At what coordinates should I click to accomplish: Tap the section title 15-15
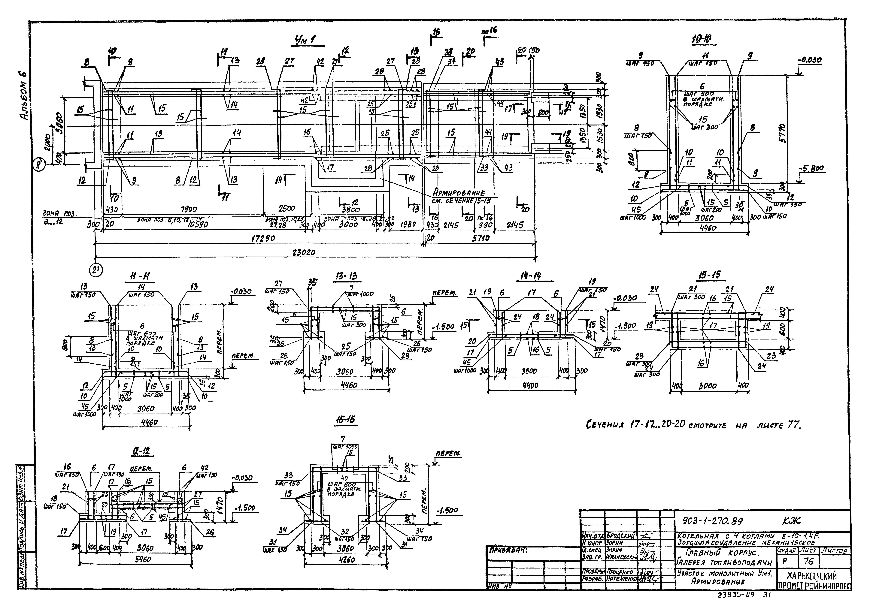pyautogui.click(x=711, y=275)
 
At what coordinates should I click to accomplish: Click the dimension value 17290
pyautogui.click(x=262, y=239)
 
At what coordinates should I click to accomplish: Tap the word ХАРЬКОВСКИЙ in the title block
pyautogui.click(x=812, y=576)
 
